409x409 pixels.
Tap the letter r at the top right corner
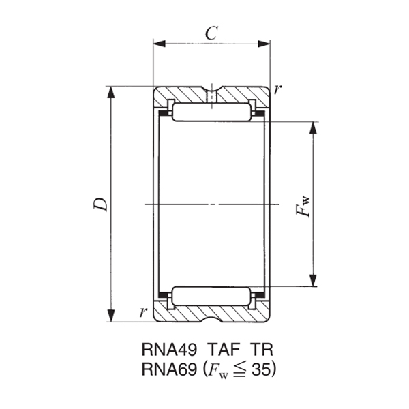(278, 89)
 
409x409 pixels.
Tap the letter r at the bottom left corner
(142, 312)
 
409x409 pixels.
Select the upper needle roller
(211, 112)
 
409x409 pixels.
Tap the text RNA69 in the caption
(166, 369)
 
